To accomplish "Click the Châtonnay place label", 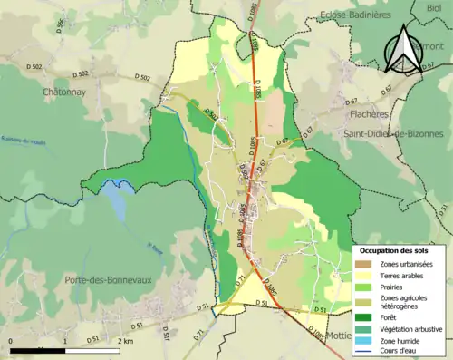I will tap(63, 92).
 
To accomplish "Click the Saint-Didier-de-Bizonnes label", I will tap(392, 133).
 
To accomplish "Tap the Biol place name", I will tap(434, 7).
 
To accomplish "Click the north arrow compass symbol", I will tap(402, 47).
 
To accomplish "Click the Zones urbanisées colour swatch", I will tap(363, 264).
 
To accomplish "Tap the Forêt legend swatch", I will tap(363, 316).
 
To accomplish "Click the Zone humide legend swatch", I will tap(363, 340).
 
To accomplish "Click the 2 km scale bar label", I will tap(126, 341).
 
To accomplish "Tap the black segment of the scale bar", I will tap(39, 349).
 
